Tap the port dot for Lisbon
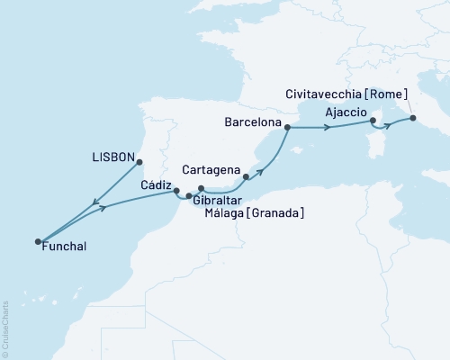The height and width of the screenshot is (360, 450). point(140,162)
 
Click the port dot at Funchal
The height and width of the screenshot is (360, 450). point(38,241)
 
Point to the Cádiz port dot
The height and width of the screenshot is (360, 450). point(176,191)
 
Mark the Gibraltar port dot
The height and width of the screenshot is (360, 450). point(189,195)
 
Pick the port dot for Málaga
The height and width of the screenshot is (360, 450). point(202,188)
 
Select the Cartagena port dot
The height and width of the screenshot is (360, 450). point(246,177)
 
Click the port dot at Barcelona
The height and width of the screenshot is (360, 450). point(287,128)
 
